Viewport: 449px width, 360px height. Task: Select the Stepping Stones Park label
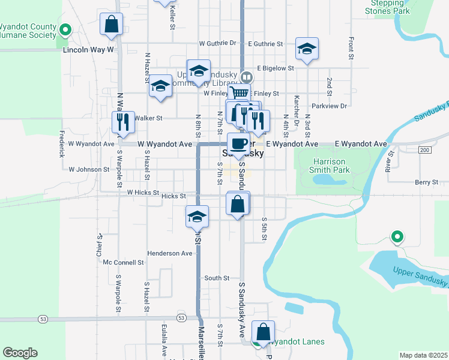(387, 7)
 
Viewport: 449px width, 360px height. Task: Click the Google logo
(20, 353)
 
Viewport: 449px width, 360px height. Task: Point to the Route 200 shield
(425, 149)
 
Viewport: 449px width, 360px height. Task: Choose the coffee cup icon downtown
(238, 145)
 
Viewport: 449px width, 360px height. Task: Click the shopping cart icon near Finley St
(240, 94)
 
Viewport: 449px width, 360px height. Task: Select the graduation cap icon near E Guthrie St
(307, 49)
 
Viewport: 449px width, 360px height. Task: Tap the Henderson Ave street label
(169, 253)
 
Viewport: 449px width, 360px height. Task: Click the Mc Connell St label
(123, 262)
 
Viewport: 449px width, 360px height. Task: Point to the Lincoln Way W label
(88, 50)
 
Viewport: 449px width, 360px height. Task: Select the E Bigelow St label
(275, 69)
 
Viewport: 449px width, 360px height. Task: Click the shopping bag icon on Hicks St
(238, 204)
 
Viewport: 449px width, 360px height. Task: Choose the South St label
(217, 278)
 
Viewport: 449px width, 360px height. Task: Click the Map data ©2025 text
(423, 355)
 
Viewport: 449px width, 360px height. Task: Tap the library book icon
(246, 77)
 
